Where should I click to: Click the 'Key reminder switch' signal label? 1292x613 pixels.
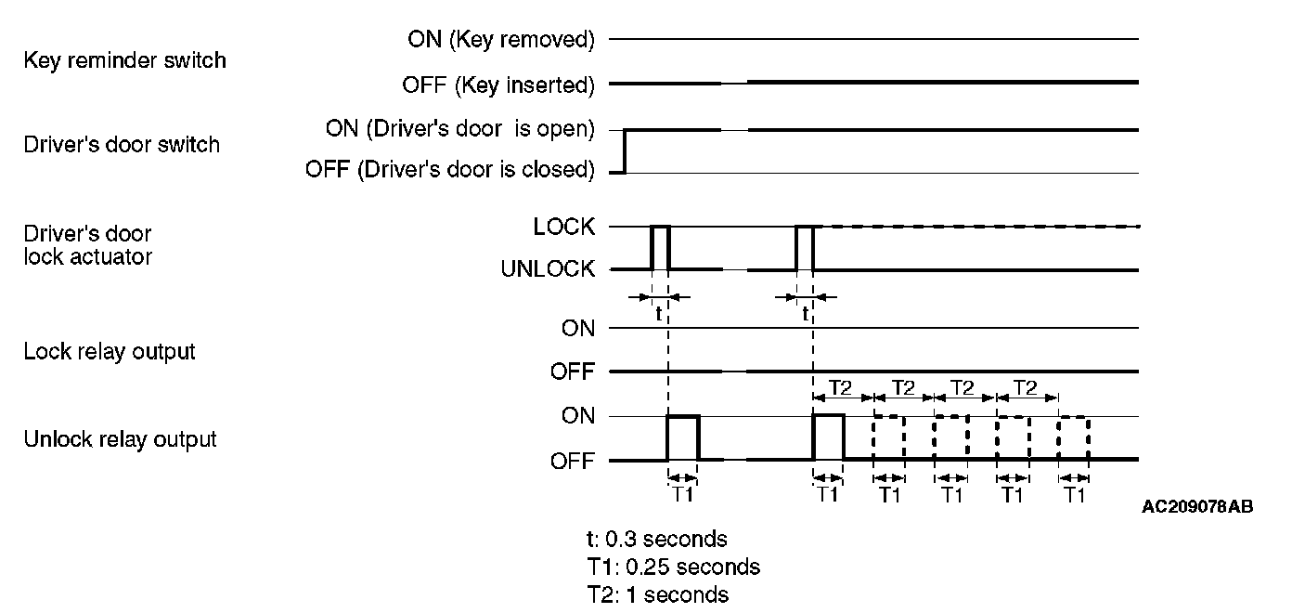pyautogui.click(x=124, y=61)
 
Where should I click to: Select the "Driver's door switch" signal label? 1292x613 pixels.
pyautogui.click(x=122, y=145)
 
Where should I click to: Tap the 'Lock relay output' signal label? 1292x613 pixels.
pyautogui.click(x=110, y=352)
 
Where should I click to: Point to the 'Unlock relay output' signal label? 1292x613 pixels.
pyautogui.click(x=120, y=438)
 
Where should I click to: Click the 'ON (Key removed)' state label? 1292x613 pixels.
pyautogui.click(x=500, y=39)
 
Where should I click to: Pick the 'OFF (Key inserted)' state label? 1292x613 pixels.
pyautogui.click(x=497, y=85)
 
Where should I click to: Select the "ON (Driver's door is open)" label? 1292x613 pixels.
pyautogui.click(x=459, y=129)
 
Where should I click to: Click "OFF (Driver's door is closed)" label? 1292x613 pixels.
pyautogui.click(x=449, y=170)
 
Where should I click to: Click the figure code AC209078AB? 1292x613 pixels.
pyautogui.click(x=1197, y=507)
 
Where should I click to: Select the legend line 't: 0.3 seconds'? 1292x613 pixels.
pyautogui.click(x=656, y=539)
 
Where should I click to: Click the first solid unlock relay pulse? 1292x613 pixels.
pyautogui.click(x=683, y=437)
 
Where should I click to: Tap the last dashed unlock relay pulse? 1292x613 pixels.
pyautogui.click(x=1074, y=437)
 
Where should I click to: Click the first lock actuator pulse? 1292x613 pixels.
pyautogui.click(x=660, y=247)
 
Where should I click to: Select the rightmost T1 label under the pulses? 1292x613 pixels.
pyautogui.click(x=1074, y=495)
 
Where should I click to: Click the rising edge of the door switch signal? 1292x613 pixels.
pyautogui.click(x=625, y=150)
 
